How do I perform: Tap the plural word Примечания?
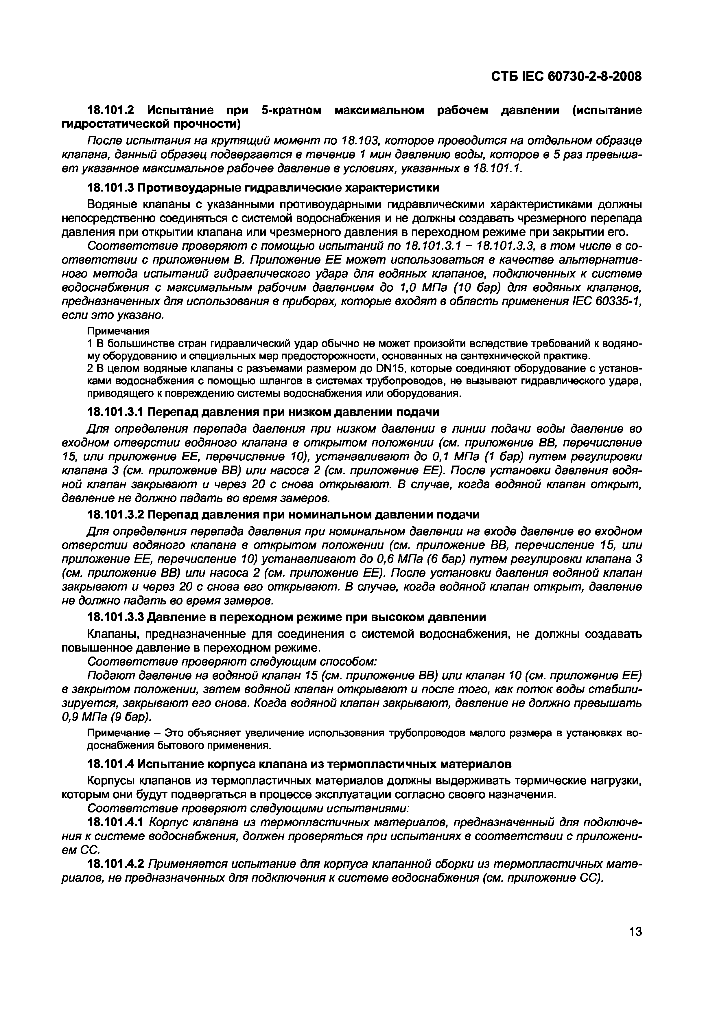118,331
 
